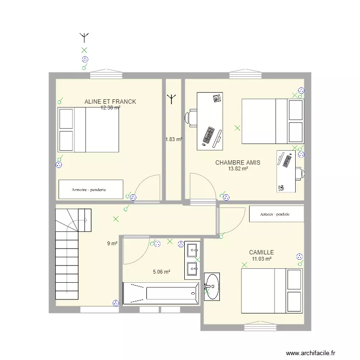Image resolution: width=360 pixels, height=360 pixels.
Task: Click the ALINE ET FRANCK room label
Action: point(110,102)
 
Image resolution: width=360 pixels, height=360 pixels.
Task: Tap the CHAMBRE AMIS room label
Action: point(238,163)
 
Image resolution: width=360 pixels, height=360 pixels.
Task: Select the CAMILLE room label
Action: point(261,252)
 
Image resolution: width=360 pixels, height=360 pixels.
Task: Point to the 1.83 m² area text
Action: point(173,139)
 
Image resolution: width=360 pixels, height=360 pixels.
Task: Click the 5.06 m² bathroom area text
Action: point(162,272)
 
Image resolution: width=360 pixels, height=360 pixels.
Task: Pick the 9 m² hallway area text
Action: point(112,243)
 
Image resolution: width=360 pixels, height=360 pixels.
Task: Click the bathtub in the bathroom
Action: point(161,293)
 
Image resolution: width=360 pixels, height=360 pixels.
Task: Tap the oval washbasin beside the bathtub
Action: point(212,286)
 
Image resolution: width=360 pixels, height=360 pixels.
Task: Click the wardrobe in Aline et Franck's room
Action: point(91,189)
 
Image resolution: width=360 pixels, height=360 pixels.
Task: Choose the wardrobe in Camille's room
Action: point(276,214)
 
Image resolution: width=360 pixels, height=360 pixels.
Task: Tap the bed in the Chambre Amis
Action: point(272,121)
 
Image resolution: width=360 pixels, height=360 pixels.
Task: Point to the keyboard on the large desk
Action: point(209,135)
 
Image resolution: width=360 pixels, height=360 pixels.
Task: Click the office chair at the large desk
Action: point(192,118)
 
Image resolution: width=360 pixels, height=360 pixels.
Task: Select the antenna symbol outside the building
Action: point(84,36)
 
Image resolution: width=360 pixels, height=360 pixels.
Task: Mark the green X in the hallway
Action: point(116,219)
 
